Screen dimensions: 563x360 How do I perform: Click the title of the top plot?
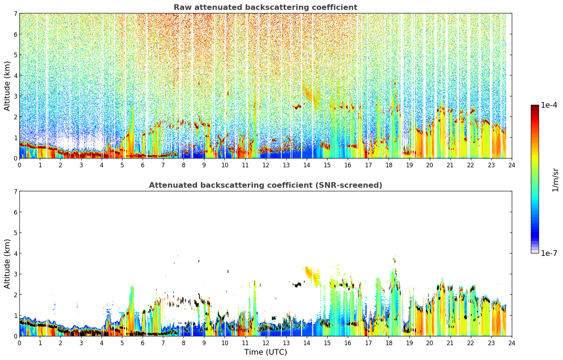(x=265, y=7)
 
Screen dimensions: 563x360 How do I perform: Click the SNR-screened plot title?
(x=265, y=185)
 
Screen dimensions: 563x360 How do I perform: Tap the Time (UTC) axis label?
(x=265, y=352)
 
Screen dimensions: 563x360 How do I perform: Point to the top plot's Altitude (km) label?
(x=7, y=86)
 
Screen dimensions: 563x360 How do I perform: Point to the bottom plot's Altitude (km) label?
(x=7, y=264)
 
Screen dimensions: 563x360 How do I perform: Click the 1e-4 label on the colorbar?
(x=549, y=105)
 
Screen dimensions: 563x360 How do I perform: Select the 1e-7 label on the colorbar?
(x=549, y=253)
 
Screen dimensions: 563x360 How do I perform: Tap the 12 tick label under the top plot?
(x=266, y=165)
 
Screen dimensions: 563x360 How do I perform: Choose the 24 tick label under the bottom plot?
(x=512, y=343)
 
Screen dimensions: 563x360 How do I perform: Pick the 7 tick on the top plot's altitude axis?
(x=15, y=13)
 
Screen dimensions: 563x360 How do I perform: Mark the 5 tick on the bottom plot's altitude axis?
(x=15, y=233)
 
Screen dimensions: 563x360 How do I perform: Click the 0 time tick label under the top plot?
(x=20, y=165)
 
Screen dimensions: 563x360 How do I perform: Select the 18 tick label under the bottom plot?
(x=389, y=343)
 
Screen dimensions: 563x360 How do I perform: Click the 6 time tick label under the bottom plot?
(x=143, y=343)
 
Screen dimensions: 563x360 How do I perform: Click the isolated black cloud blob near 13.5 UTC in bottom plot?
(x=298, y=285)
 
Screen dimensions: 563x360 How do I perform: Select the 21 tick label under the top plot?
(x=450, y=165)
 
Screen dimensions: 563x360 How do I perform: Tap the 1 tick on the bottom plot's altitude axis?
(x=15, y=316)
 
